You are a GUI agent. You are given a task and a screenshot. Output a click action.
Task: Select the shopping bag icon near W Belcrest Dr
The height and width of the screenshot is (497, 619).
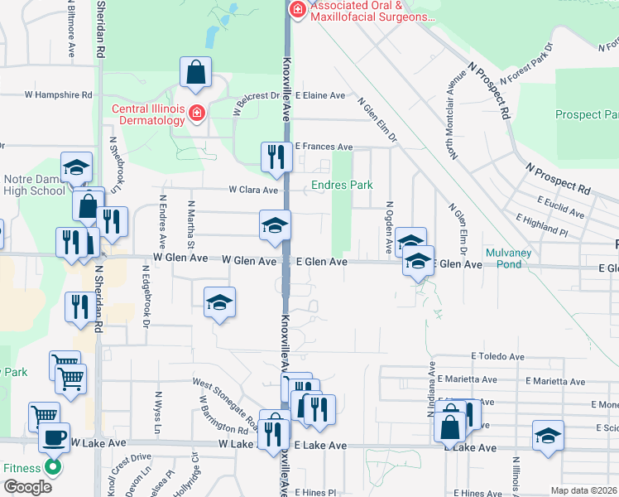pyautogui.click(x=197, y=74)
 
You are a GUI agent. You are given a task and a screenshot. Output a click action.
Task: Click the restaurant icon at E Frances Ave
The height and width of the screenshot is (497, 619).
pyautogui.click(x=275, y=157)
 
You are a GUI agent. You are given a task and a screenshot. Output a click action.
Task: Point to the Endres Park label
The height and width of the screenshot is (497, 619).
pyautogui.click(x=342, y=185)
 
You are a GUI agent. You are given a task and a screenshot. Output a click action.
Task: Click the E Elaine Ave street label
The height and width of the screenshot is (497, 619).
pyautogui.click(x=319, y=95)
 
